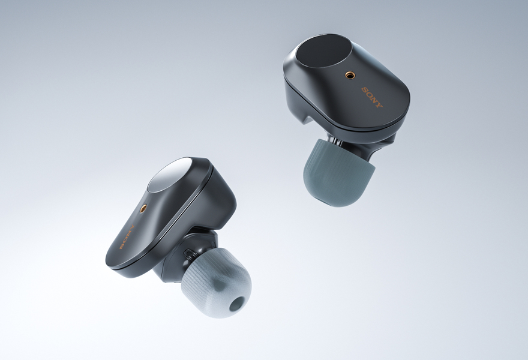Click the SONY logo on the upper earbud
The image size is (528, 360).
372,97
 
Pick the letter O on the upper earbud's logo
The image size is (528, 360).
370,95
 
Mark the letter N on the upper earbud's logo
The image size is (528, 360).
374,100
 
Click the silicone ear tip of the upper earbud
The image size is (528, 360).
338,173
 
